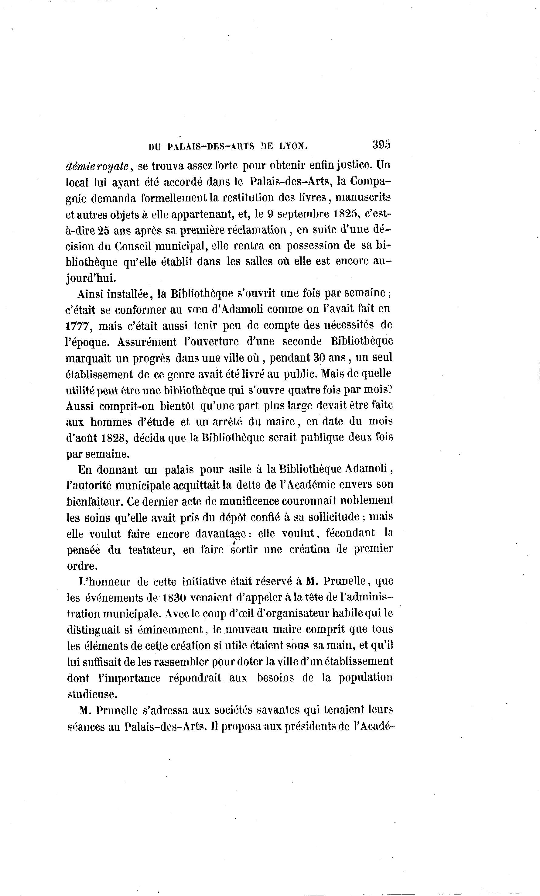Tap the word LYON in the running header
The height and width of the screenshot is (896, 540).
[293, 146]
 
